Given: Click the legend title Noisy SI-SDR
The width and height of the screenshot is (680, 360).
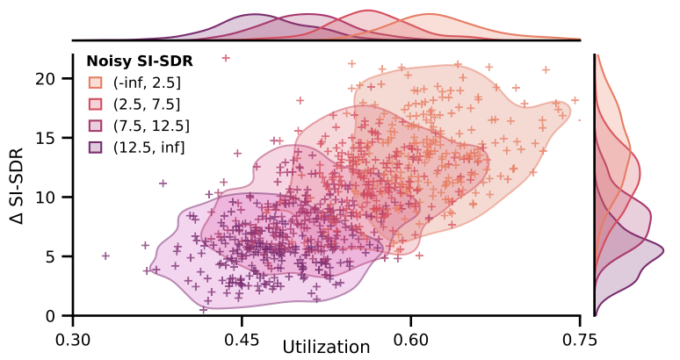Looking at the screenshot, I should pos(139,62).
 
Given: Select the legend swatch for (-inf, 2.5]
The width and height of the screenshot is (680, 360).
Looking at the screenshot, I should pos(95,83).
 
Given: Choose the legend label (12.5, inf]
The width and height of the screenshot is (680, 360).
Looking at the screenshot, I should pos(148,146).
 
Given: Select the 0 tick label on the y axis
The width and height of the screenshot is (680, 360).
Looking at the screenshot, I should pos(50,316).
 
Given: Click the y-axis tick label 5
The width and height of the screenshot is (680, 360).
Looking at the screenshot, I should pos(50,256).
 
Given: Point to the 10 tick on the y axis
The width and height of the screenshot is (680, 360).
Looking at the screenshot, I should pos(46,197).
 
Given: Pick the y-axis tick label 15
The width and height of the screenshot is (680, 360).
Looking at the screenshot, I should pos(46,138).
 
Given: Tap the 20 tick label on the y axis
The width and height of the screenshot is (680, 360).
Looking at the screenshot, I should pos(46,78).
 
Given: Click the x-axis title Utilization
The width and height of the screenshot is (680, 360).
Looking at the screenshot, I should pos(326,348).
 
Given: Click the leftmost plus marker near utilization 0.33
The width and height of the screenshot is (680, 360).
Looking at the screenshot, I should pos(105,256).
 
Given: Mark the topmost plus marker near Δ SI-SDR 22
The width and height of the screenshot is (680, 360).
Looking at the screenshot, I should pos(226,58).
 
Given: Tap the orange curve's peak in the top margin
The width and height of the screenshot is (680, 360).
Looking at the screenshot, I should pos(430,15).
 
